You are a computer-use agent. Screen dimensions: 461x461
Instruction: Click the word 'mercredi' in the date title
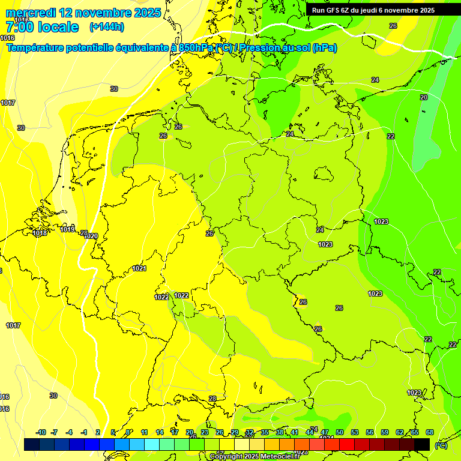click(30, 13)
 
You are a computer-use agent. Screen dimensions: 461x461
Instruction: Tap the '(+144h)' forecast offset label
click(106, 26)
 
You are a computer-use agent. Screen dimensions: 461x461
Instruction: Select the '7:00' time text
click(19, 27)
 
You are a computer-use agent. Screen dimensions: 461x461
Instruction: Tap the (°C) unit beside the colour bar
click(440, 445)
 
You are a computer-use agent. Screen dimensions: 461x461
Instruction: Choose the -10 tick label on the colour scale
click(41, 432)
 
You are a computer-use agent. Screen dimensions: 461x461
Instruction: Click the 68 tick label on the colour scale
click(430, 432)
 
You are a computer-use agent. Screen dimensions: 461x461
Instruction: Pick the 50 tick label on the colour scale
click(340, 432)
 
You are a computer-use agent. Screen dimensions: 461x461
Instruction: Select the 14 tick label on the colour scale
click(160, 432)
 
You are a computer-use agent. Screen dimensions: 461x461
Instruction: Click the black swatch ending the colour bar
click(422, 444)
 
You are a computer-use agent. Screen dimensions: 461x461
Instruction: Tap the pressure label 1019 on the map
click(67, 229)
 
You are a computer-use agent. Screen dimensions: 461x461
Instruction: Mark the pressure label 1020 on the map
click(91, 237)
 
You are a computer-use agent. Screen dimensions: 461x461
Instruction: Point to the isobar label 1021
click(139, 268)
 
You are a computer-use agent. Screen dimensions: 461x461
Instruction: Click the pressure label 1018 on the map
click(40, 233)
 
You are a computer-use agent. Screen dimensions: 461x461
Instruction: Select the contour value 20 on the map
click(424, 97)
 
